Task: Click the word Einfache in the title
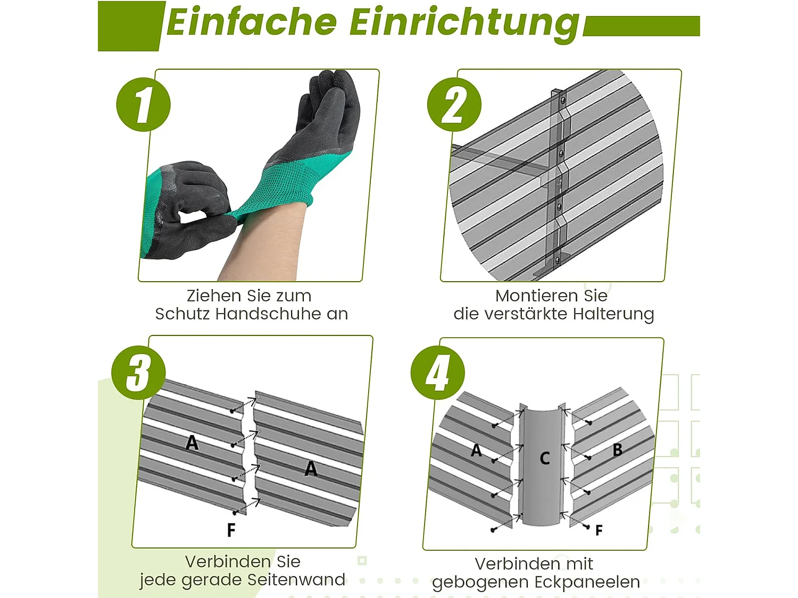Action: (x=252, y=22)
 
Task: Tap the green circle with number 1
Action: (x=143, y=105)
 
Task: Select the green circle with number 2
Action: (x=454, y=105)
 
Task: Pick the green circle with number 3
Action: (x=138, y=373)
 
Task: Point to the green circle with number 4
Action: (x=438, y=373)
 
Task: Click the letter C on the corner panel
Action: (x=545, y=458)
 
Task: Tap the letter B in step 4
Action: (x=617, y=450)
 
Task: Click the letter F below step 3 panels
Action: (x=231, y=530)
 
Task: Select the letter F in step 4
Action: (x=599, y=530)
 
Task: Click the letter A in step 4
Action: (x=476, y=450)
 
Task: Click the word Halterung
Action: (x=613, y=315)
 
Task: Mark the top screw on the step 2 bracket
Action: (x=562, y=99)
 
